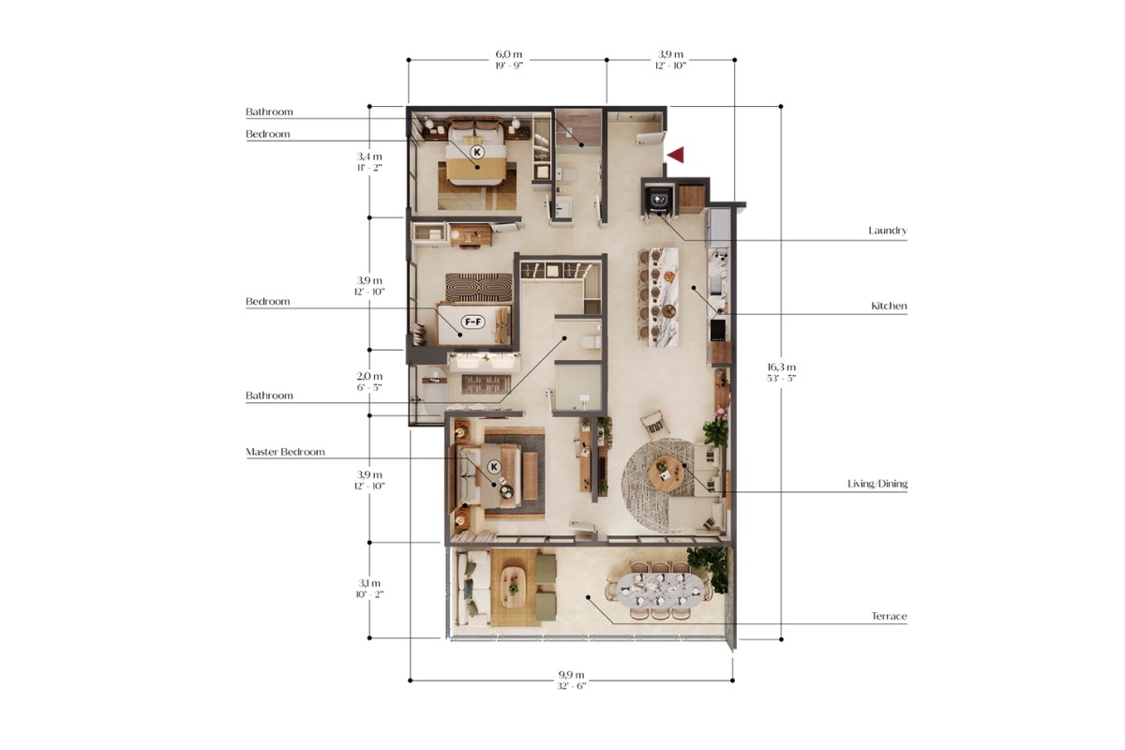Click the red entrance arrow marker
coord(676,155)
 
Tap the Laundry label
coord(888,231)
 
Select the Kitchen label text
coord(889,306)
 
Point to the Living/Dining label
coord(877,484)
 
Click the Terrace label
coord(889,616)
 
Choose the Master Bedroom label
coord(285,452)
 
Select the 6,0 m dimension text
coord(509,54)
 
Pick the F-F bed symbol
coord(473,322)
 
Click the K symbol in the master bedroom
coord(494,467)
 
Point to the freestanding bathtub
coord(435,391)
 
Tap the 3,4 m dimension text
coord(369,157)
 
